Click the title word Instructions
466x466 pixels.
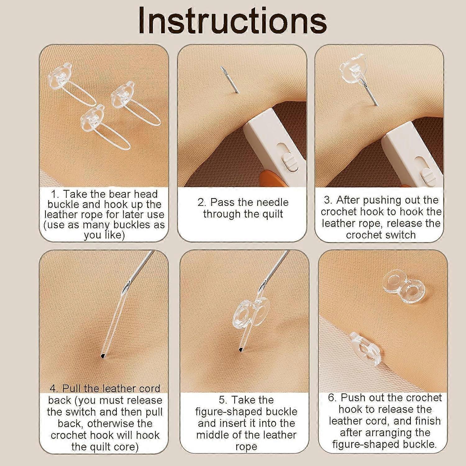point(232,21)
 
